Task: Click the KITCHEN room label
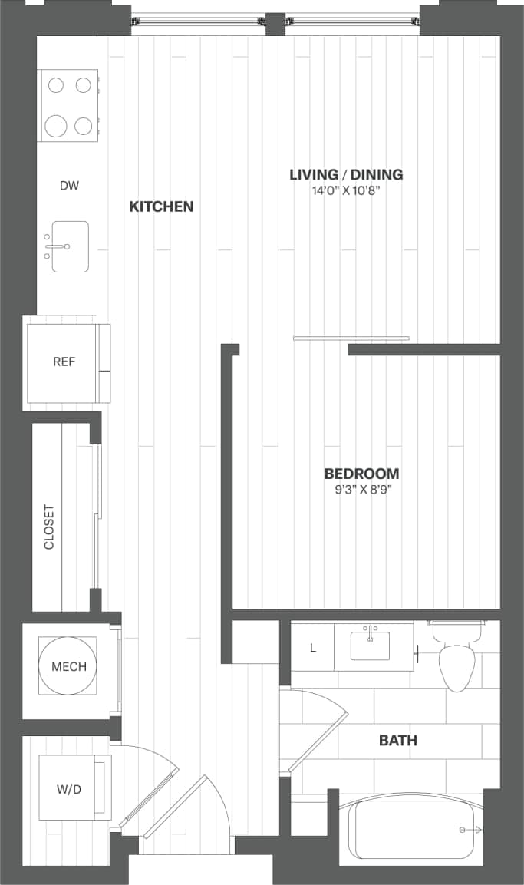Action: [x=161, y=206]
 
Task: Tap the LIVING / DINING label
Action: [x=346, y=175]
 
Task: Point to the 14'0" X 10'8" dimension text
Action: [x=346, y=191]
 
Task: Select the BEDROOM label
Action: [x=361, y=474]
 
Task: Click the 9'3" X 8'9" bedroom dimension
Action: [x=361, y=489]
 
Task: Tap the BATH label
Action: [x=398, y=741]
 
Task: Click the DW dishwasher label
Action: [x=69, y=186]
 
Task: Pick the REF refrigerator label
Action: [x=64, y=362]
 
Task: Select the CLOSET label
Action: [x=49, y=527]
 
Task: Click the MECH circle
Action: [x=69, y=666]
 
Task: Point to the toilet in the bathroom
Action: [x=456, y=664]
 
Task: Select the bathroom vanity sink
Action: [x=371, y=647]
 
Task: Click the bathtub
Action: [x=414, y=831]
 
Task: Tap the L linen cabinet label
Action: [x=312, y=648]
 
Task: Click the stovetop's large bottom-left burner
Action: [x=57, y=125]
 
